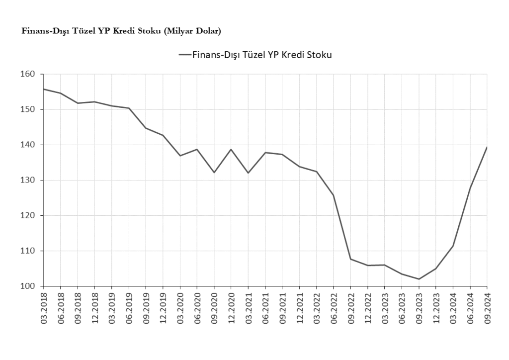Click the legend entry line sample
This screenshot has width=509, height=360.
184,55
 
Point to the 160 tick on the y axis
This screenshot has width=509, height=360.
29,74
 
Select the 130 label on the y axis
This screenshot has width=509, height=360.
29,180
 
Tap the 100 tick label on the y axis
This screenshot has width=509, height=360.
29,286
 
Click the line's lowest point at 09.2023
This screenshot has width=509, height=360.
419,279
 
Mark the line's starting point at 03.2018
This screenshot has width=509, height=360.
43,89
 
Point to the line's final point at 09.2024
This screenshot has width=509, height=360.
487,147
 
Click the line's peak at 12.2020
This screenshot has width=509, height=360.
231,149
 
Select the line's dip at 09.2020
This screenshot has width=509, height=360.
214,173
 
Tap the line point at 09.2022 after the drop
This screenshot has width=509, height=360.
350,259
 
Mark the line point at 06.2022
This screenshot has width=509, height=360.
334,195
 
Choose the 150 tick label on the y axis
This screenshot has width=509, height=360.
29,109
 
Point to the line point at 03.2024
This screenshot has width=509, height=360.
453,246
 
